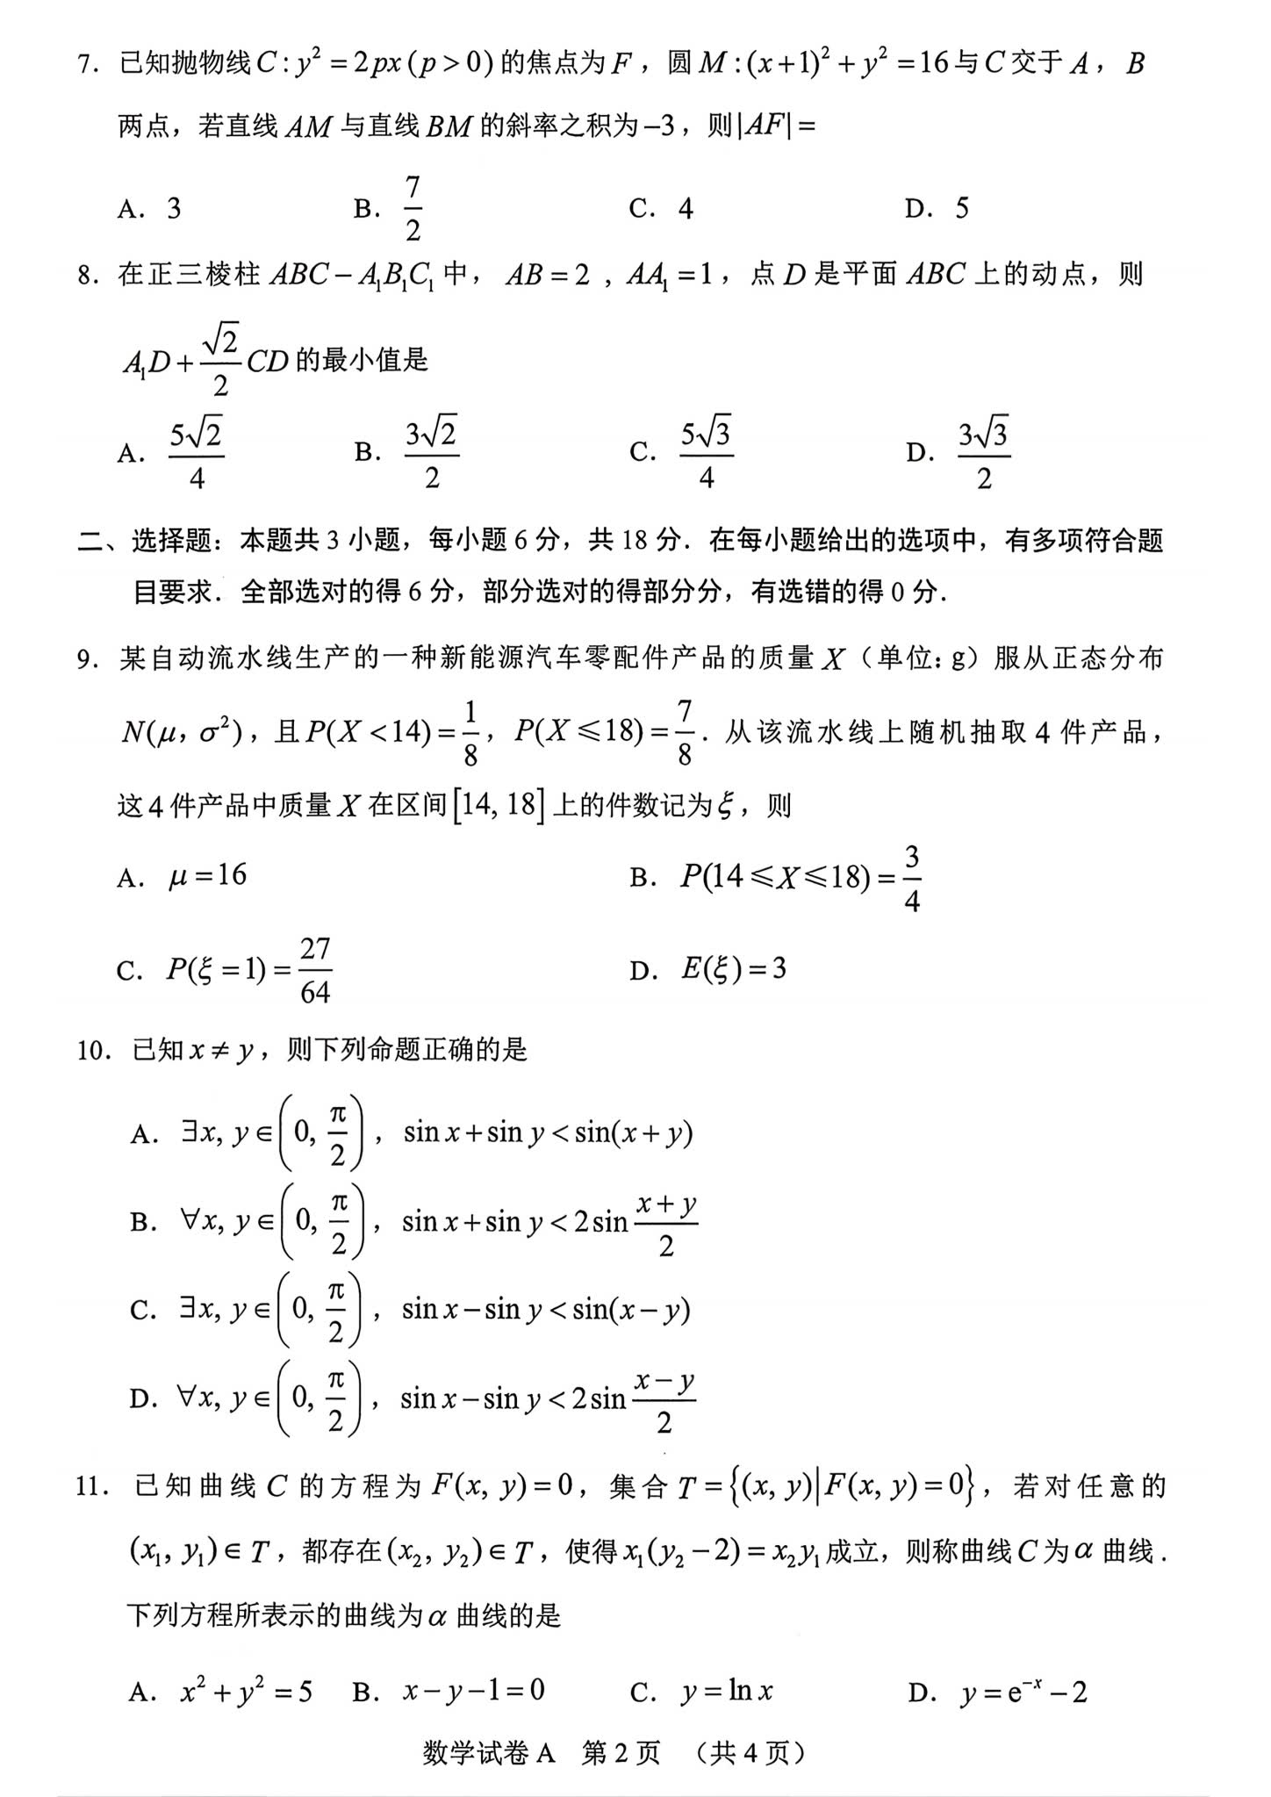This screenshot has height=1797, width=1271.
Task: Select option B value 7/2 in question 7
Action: coord(413,209)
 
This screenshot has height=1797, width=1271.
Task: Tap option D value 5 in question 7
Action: coord(962,209)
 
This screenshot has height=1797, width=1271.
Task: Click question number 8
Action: coord(84,276)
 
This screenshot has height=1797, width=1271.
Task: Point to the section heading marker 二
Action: coord(90,542)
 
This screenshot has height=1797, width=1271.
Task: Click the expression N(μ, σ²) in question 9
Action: coord(181,732)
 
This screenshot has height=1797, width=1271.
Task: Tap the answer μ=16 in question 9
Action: coord(208,875)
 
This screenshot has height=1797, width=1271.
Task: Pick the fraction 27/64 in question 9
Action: coord(315,970)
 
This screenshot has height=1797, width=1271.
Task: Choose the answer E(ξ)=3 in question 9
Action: coord(734,969)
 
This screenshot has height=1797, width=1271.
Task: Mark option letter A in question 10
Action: coord(141,1135)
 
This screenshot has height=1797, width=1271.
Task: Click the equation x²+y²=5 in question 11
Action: coord(246,1692)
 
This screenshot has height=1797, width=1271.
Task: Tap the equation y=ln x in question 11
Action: coord(727,1692)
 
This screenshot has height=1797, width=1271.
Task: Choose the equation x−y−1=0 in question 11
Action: coord(474,1691)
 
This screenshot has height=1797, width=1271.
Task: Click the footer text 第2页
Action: coord(621,1752)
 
